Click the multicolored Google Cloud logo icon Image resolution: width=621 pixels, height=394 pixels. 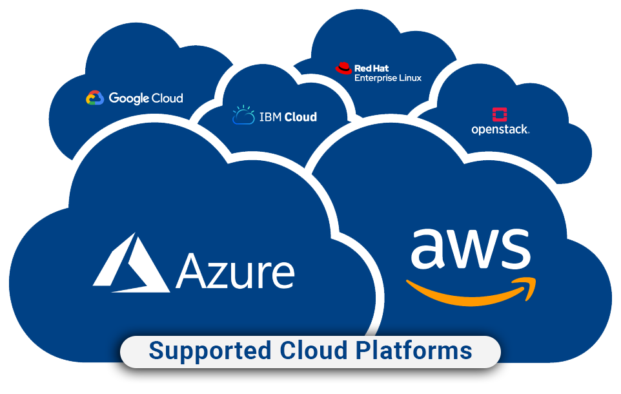95,98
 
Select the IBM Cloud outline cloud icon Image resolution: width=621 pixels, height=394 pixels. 243,116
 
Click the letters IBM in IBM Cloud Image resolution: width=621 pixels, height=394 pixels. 270,117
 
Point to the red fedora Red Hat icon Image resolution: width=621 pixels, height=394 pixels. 343,68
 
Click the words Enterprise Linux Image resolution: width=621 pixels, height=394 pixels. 388,78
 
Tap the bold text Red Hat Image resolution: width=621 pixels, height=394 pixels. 372,68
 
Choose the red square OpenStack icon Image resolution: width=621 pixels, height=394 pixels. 500,115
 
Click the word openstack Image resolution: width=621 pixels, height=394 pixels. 500,130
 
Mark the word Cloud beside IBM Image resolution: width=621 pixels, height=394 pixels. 300,117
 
